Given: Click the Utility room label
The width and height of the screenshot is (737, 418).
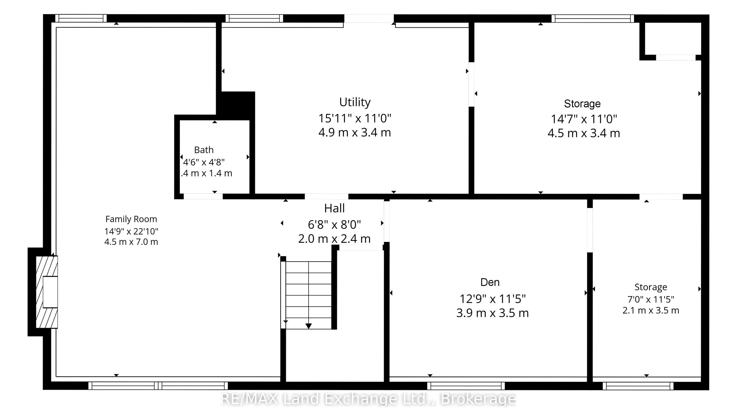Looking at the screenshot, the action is [x=355, y=102].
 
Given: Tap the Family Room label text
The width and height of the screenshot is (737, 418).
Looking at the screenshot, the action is [x=131, y=219].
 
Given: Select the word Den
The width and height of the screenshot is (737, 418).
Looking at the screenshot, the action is [x=490, y=282].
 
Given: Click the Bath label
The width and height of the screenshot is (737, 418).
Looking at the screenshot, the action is [x=204, y=150].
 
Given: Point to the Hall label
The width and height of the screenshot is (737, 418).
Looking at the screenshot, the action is [x=334, y=208].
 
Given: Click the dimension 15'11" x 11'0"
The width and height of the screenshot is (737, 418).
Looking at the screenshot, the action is [x=355, y=118].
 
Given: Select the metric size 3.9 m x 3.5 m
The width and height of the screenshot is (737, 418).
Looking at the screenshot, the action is [x=493, y=313].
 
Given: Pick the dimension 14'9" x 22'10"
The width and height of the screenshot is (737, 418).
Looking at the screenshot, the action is [x=131, y=231].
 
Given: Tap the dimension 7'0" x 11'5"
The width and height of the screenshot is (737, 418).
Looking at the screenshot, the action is [x=651, y=299].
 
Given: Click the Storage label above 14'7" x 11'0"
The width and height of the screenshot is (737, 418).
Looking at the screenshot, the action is [x=582, y=104].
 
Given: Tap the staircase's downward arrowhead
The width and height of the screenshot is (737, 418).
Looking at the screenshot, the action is [x=309, y=326].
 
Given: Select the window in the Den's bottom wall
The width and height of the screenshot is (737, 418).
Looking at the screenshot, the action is [x=466, y=386].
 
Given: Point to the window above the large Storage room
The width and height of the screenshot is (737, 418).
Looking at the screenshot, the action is [x=593, y=18].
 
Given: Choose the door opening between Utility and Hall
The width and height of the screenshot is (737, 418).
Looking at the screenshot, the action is [x=326, y=196].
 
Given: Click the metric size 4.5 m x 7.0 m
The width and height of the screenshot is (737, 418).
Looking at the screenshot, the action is [x=131, y=242].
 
